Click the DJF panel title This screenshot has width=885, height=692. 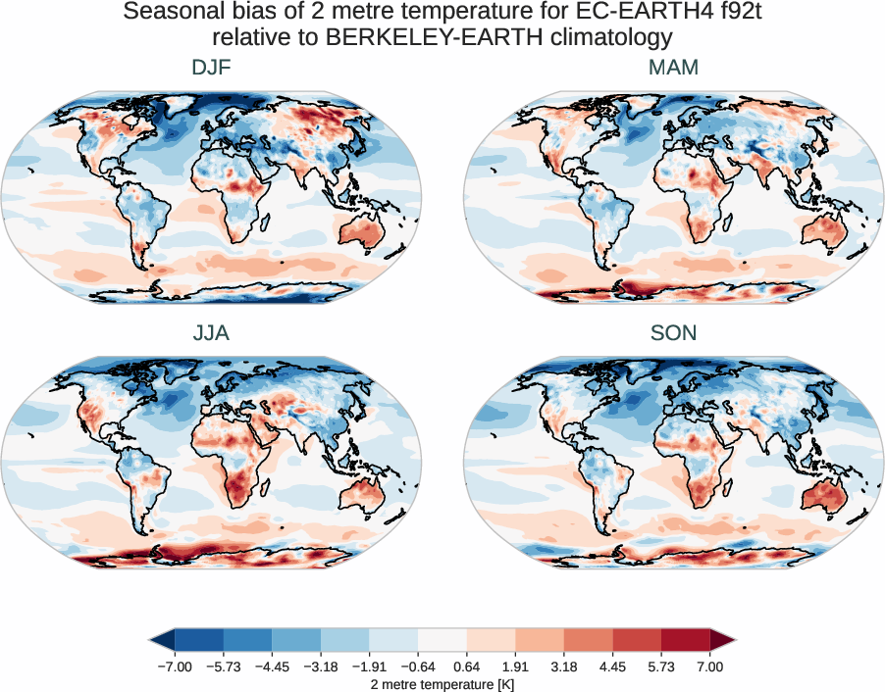coord(211,69)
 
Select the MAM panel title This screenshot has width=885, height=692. coord(673,69)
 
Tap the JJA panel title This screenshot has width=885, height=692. coord(211,333)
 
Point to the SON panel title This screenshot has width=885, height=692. coord(673,333)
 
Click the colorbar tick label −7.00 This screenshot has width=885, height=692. coord(174,667)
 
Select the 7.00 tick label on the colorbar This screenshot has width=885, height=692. coord(709,667)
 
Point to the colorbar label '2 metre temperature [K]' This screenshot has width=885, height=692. coord(442,683)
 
